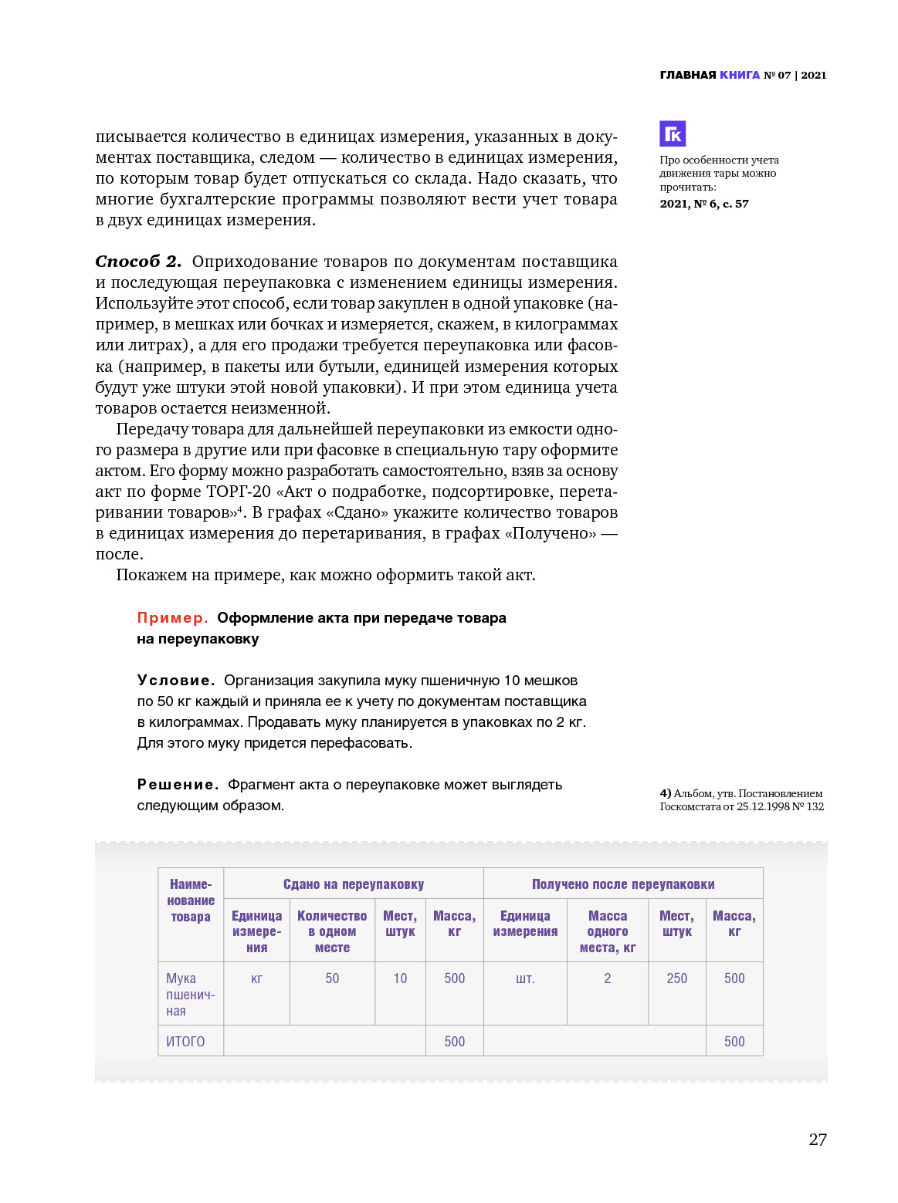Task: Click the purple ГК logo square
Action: pyautogui.click(x=673, y=133)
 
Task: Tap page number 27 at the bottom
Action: pyautogui.click(x=818, y=1140)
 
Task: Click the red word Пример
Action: pyautogui.click(x=172, y=618)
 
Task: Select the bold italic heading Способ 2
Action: pyautogui.click(x=138, y=262)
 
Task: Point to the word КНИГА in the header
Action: pyautogui.click(x=740, y=75)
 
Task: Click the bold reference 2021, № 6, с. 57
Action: pyautogui.click(x=704, y=204)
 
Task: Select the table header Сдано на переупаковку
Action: pyautogui.click(x=354, y=884)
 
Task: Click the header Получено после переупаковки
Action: pyautogui.click(x=623, y=884)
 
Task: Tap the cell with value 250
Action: pyautogui.click(x=677, y=978)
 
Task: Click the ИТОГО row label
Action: pyautogui.click(x=185, y=1042)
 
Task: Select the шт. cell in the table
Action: pyautogui.click(x=525, y=978)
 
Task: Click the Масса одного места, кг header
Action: pyautogui.click(x=608, y=931)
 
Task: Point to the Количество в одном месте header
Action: pyautogui.click(x=332, y=931)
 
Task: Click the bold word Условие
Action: pyautogui.click(x=176, y=681)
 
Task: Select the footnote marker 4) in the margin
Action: pyautogui.click(x=666, y=793)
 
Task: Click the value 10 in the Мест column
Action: pyautogui.click(x=400, y=978)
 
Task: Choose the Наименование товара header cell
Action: pyautogui.click(x=191, y=901)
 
